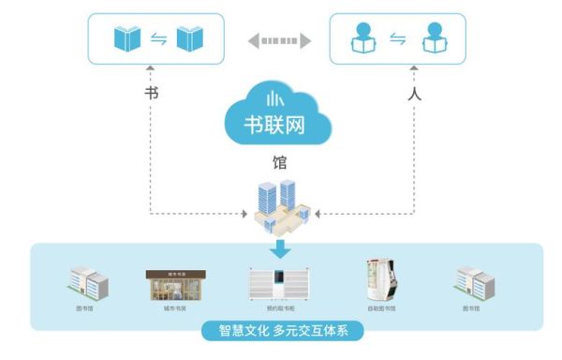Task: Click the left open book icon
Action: [x=127, y=39]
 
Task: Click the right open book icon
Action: [x=189, y=39]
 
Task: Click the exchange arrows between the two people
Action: [x=397, y=39]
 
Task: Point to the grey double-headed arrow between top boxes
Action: [x=279, y=40]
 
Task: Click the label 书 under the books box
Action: [x=151, y=94]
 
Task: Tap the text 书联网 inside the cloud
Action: [x=279, y=124]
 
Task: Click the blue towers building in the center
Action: [x=281, y=206]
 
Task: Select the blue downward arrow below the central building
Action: [x=280, y=247]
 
